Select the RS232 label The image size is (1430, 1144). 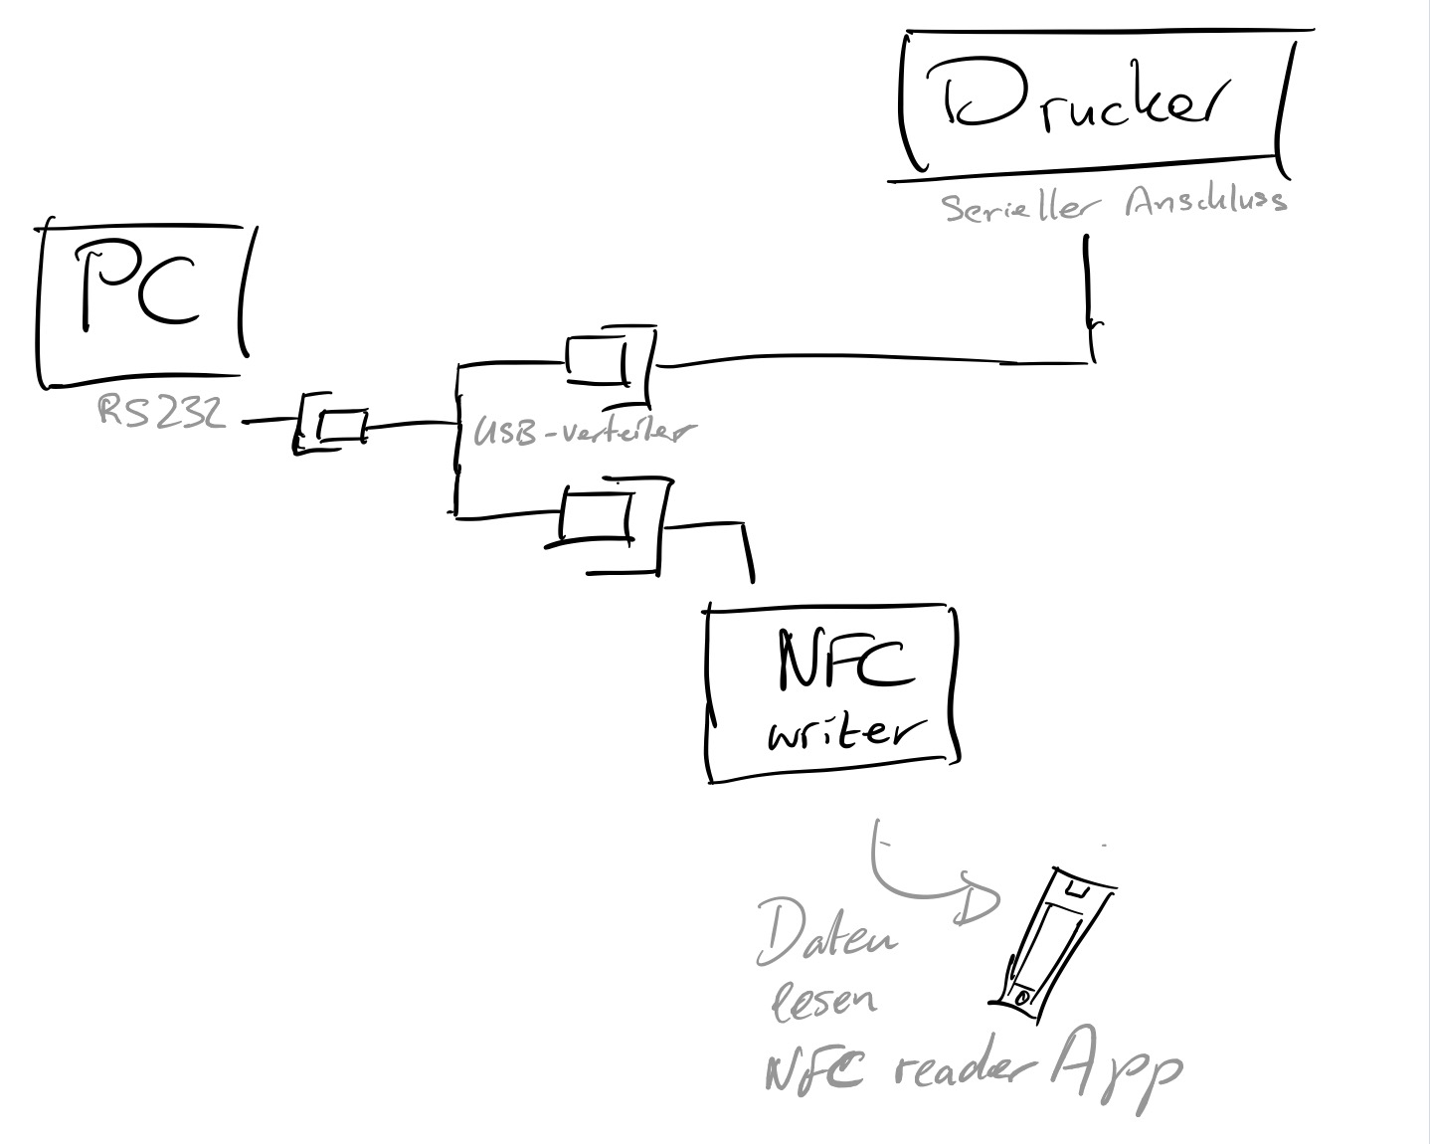(x=160, y=411)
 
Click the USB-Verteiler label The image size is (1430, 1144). (x=582, y=432)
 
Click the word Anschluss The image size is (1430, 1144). (x=1206, y=202)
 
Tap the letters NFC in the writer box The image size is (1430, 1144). (x=844, y=663)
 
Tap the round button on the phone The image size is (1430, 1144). (x=1023, y=997)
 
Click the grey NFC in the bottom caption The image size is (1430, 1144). (x=813, y=1071)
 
